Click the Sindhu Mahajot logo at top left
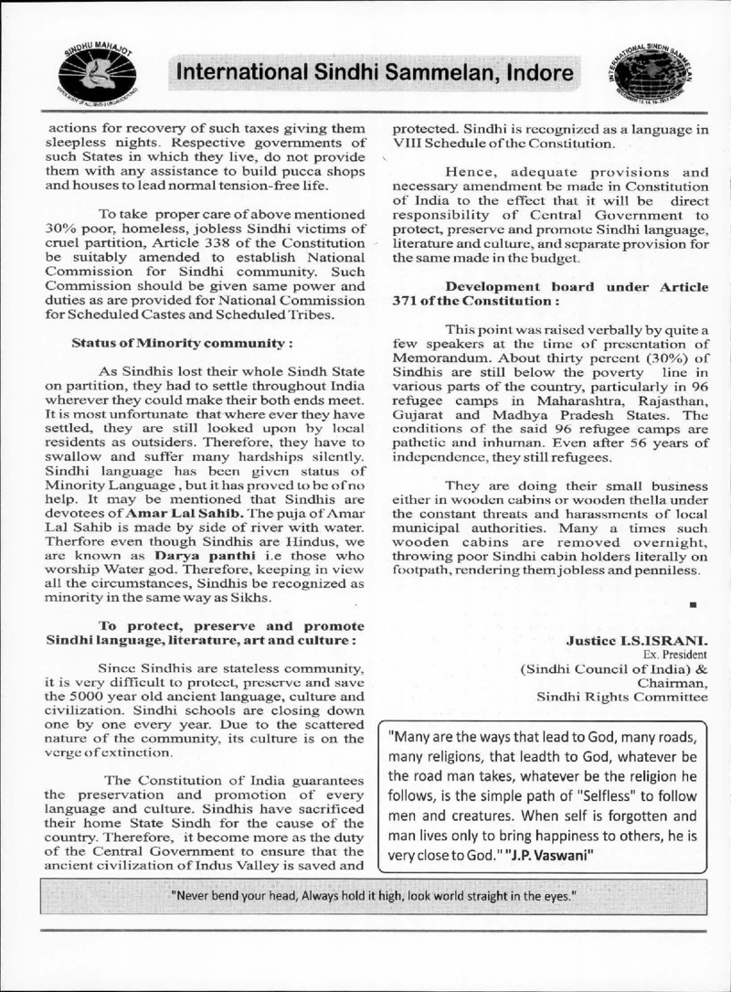(99, 72)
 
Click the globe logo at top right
(643, 73)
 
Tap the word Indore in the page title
(537, 73)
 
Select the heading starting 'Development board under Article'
(576, 287)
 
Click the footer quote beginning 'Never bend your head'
(375, 895)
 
